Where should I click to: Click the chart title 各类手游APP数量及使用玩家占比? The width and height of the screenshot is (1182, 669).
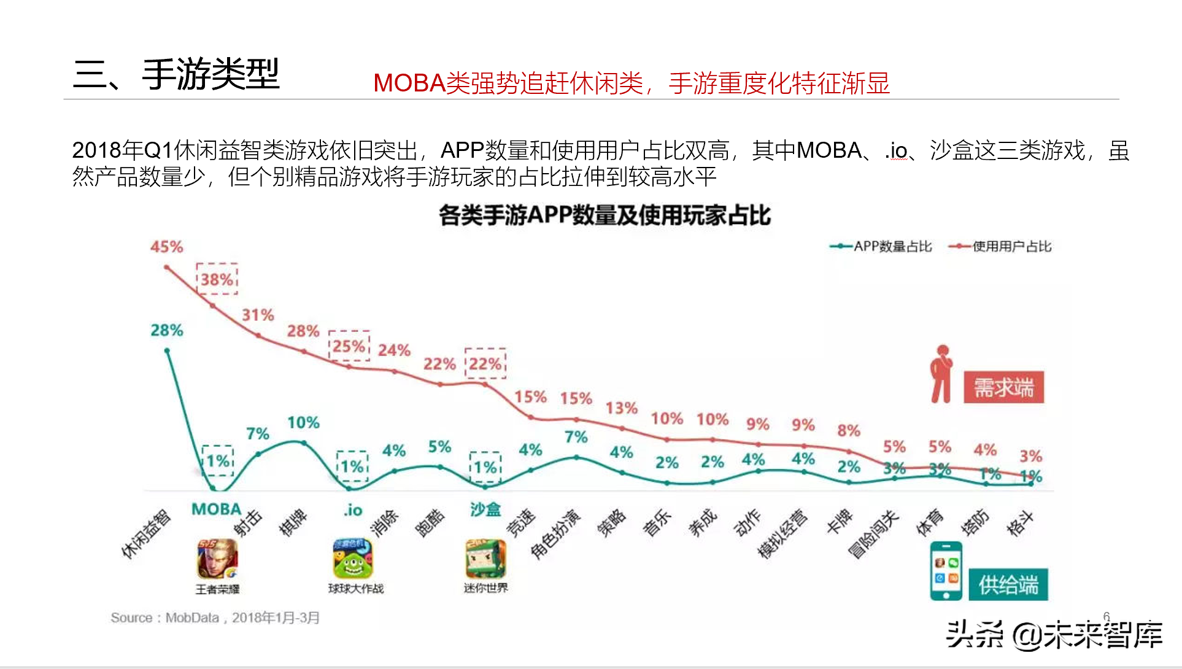[x=605, y=215]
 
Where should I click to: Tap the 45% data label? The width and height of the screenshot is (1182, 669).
[x=166, y=247]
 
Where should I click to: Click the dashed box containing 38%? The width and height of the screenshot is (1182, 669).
[x=217, y=279]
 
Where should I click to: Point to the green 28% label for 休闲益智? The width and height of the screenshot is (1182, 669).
[x=166, y=330]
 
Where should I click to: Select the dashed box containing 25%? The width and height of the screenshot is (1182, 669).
[x=349, y=346]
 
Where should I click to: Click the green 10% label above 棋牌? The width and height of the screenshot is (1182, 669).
[x=303, y=422]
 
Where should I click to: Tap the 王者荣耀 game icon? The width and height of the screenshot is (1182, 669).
[x=217, y=559]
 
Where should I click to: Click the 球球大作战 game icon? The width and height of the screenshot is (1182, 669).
[x=353, y=559]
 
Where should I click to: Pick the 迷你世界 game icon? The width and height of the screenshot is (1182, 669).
[x=485, y=559]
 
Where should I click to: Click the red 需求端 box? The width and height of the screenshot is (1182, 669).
[x=1003, y=387]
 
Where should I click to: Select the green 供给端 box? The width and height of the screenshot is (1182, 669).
[x=1008, y=584]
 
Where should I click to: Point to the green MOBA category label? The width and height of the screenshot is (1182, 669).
[x=216, y=509]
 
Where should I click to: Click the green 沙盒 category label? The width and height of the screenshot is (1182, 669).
[x=485, y=509]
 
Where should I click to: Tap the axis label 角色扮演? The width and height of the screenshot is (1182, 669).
[x=555, y=535]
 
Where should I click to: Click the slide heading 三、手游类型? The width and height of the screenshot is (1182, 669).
[x=176, y=74]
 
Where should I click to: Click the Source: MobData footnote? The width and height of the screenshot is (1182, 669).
[x=215, y=617]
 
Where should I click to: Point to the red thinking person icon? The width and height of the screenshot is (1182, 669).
[x=941, y=374]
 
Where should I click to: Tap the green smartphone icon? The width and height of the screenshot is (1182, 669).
[x=946, y=571]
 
